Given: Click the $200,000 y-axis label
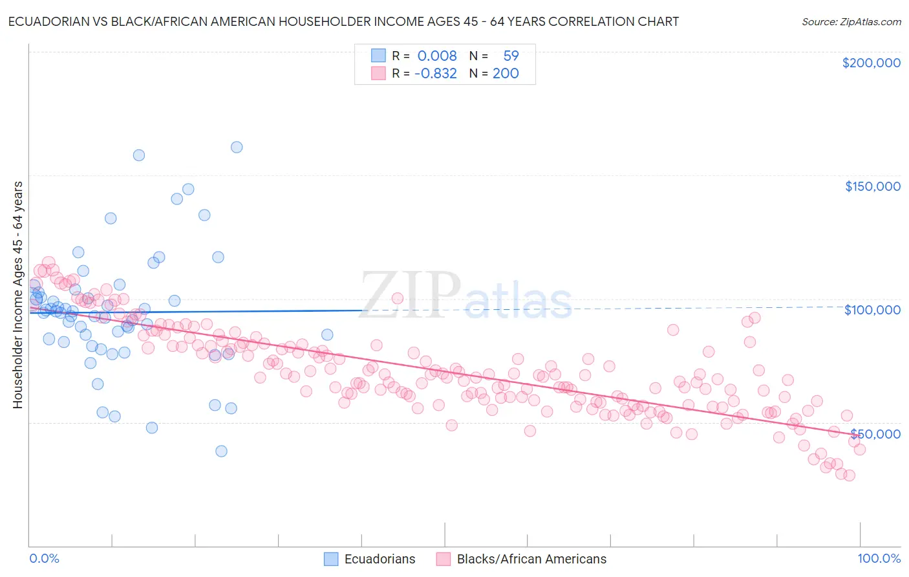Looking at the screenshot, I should [871, 63].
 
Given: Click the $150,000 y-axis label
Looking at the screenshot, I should [872, 186].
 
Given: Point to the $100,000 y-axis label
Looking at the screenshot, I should [872, 310].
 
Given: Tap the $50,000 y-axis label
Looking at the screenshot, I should [875, 433].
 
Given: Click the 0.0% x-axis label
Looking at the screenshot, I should [44, 558].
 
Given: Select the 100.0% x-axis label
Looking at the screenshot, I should [879, 558].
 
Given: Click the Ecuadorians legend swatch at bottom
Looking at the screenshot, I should [331, 559].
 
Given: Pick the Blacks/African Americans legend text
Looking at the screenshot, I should [531, 559].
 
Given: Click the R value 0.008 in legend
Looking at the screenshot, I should [437, 56].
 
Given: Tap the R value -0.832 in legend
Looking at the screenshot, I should [436, 74].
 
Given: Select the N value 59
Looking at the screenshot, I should [511, 56].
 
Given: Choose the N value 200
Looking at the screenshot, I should [506, 74].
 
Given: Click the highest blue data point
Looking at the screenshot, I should [237, 147].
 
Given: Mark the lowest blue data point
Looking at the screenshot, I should [221, 452].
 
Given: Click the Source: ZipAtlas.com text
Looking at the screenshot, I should [851, 22].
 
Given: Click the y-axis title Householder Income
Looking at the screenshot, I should [17, 295].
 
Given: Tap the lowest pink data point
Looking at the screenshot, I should [849, 475].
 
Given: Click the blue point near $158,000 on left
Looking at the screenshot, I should [138, 155].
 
